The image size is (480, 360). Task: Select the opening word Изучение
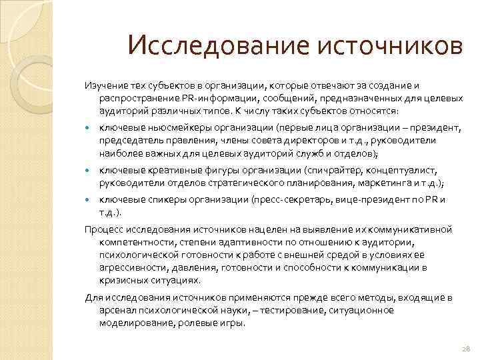click(x=104, y=86)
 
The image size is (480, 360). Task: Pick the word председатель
click(x=130, y=141)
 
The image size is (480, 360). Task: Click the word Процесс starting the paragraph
click(x=103, y=229)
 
